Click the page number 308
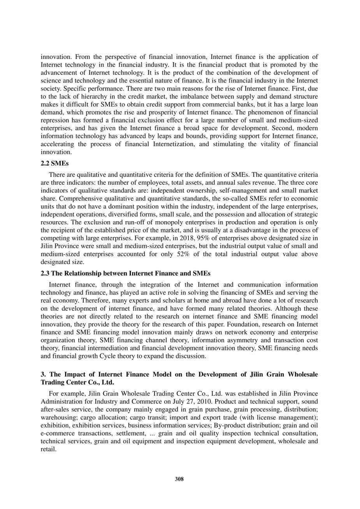[x=179, y=479]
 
